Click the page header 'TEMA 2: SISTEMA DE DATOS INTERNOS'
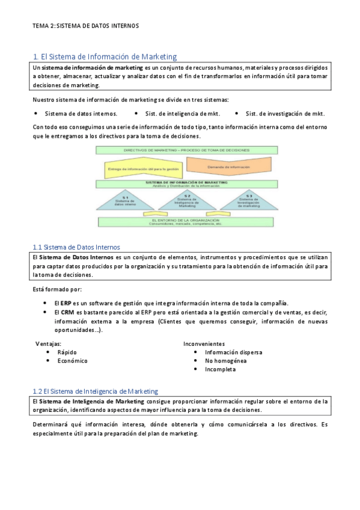coord(86,26)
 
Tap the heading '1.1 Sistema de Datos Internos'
coord(76,247)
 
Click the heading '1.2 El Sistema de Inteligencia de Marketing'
coord(95,391)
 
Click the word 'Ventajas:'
coord(49,343)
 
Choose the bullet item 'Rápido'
coord(67,352)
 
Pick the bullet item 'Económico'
coord(72,361)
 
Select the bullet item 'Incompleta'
coord(220,369)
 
